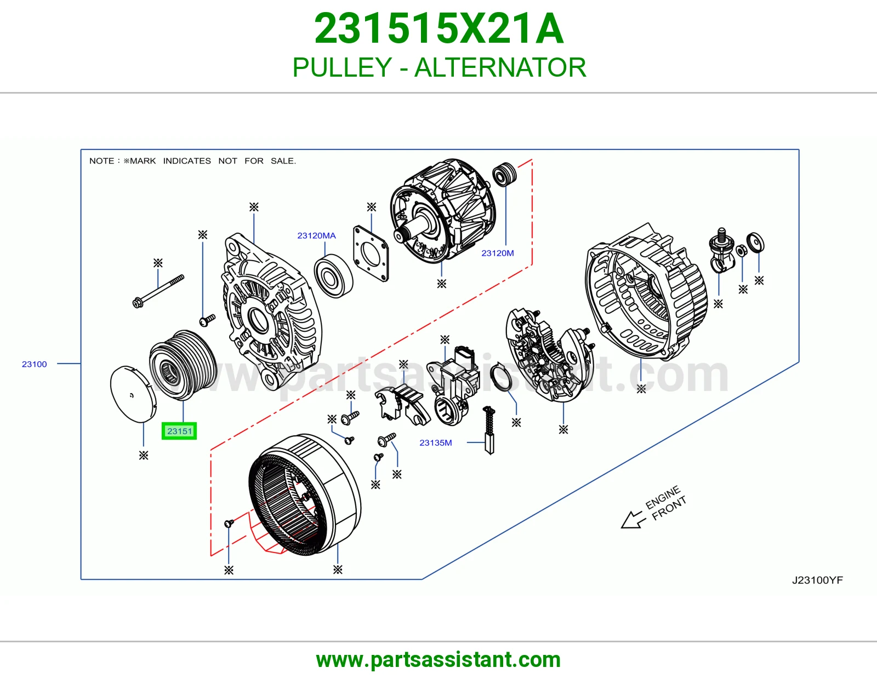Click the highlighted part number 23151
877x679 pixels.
click(179, 431)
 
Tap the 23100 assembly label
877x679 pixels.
click(35, 364)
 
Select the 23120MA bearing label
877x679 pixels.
click(316, 235)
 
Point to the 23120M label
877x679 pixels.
click(498, 253)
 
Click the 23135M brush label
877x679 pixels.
click(435, 443)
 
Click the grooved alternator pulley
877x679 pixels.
click(183, 365)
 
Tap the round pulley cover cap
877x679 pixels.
click(133, 394)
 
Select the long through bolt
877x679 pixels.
click(158, 291)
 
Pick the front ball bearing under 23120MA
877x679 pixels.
click(333, 276)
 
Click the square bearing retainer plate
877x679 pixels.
click(371, 253)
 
